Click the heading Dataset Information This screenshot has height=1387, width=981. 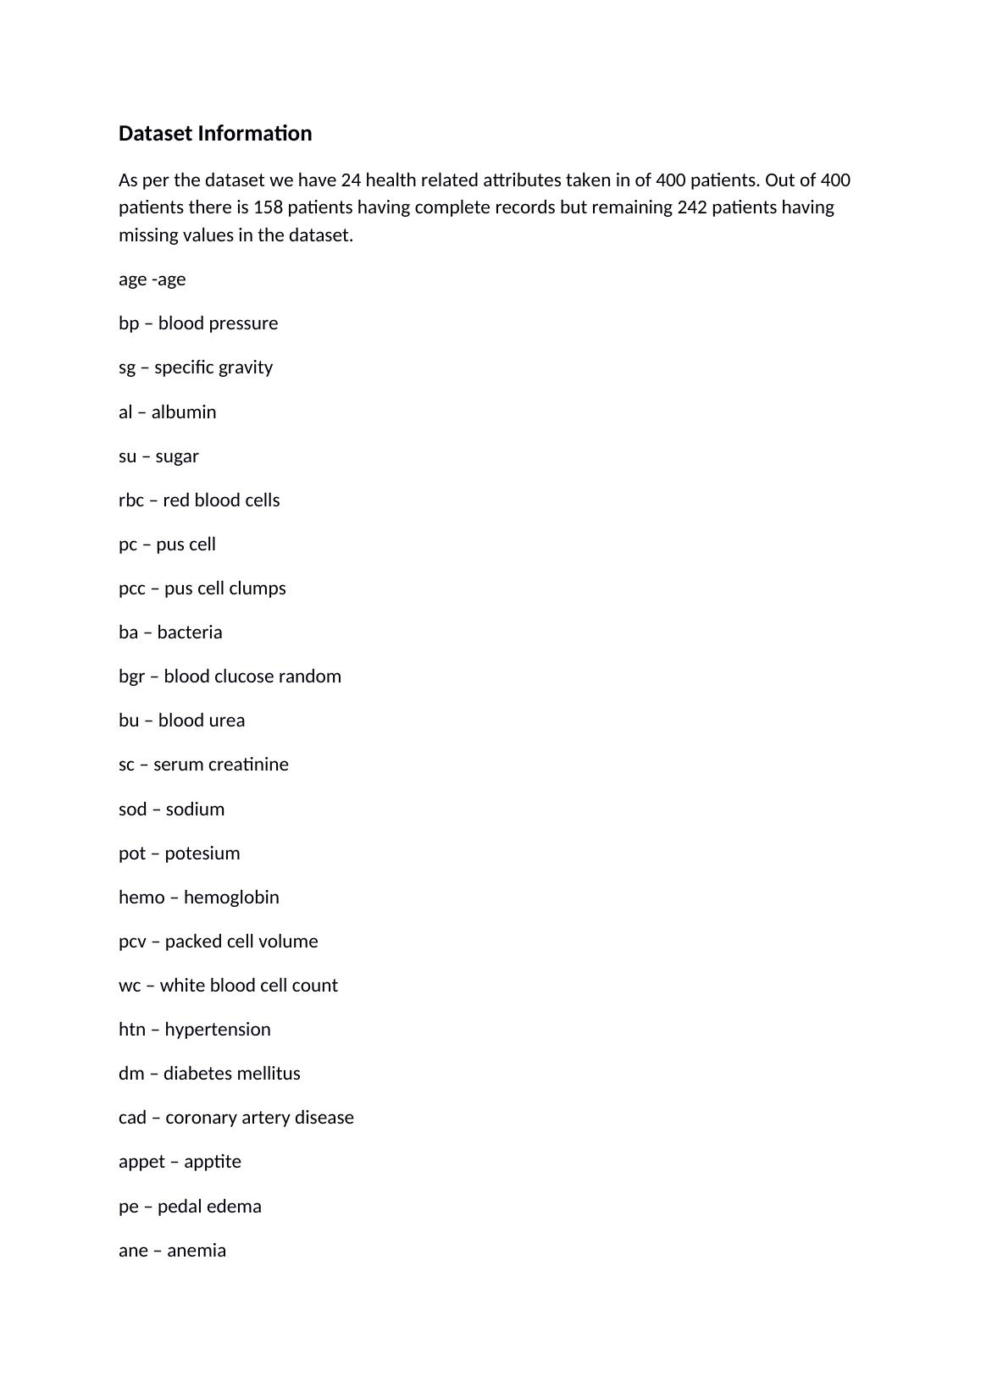(x=215, y=134)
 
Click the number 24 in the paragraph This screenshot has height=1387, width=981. (x=351, y=180)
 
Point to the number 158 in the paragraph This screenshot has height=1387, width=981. (x=268, y=207)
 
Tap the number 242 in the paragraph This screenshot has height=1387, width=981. (x=692, y=207)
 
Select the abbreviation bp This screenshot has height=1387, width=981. (x=129, y=323)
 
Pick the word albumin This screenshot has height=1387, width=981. (x=184, y=412)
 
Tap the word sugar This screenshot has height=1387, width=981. (x=177, y=456)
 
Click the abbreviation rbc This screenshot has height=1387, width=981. (x=131, y=500)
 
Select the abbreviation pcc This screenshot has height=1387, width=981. (x=132, y=589)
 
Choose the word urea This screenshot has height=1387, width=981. (x=226, y=721)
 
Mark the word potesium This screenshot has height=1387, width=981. (x=202, y=854)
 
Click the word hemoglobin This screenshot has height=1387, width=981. (x=231, y=898)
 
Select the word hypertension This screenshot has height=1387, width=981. (x=218, y=1030)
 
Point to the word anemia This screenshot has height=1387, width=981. (x=197, y=1251)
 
